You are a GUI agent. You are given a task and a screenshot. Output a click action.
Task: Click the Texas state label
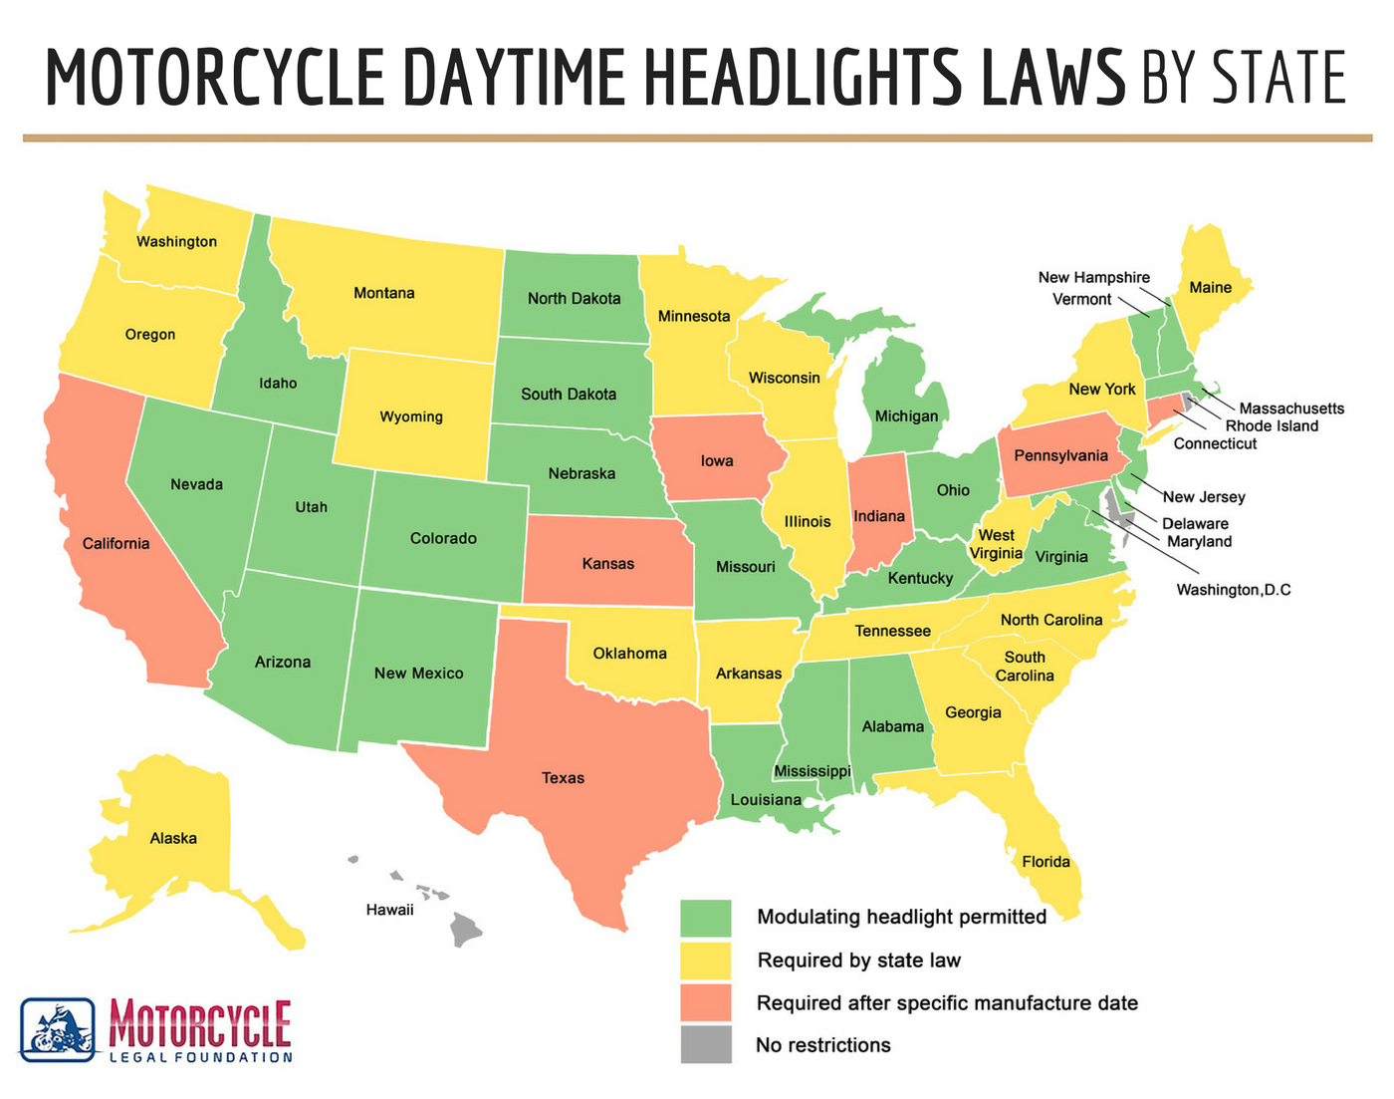[x=563, y=778]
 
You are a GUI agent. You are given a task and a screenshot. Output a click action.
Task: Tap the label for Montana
[x=384, y=293]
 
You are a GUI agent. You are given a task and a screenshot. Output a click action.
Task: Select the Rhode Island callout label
[x=1272, y=426]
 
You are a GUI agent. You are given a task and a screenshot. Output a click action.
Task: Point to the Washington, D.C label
[x=1233, y=590]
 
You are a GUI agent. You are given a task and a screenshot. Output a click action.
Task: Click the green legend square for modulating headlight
[x=706, y=918]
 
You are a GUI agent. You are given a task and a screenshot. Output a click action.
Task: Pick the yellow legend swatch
[x=706, y=961]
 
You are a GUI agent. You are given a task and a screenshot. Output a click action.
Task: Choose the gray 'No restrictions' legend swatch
[x=706, y=1045]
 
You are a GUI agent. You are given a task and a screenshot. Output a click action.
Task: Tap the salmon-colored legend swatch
[x=706, y=1003]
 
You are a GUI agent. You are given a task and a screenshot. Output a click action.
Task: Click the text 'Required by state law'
[x=859, y=961]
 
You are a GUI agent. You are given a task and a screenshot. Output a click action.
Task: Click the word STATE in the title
[x=1279, y=78]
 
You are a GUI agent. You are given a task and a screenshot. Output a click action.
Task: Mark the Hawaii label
[x=389, y=910]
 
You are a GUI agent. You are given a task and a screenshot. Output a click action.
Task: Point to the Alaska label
[x=173, y=839]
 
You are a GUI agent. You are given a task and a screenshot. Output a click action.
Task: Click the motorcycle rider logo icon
[x=58, y=1030]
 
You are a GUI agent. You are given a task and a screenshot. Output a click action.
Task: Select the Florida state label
[x=1045, y=862]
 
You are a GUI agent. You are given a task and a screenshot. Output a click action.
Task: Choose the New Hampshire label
[x=1093, y=278]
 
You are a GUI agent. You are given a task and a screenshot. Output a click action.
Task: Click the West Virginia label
[x=996, y=544]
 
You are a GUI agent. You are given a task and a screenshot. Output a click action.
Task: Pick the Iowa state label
[x=717, y=460]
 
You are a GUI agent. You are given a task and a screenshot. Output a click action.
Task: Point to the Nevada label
[x=197, y=484]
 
